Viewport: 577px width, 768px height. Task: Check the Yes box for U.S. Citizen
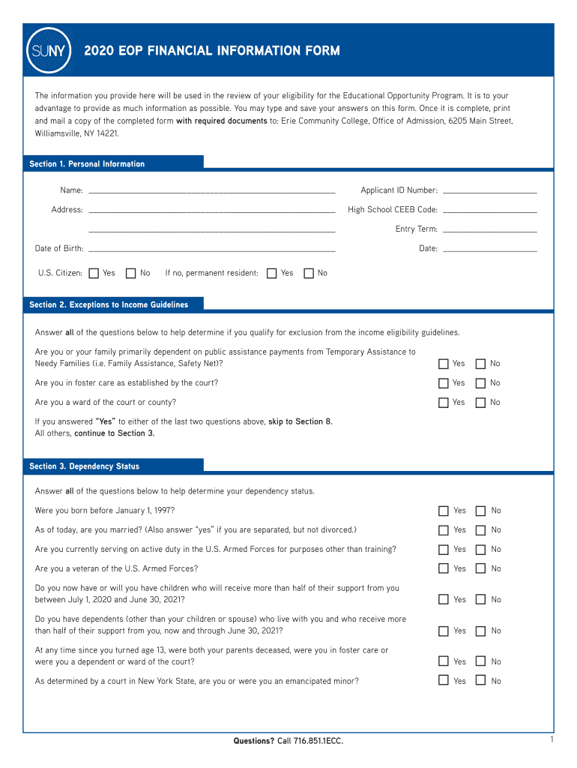pyautogui.click(x=94, y=273)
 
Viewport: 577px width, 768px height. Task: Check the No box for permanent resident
pyautogui.click(x=309, y=273)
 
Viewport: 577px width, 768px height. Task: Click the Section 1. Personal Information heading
pyautogui.click(x=87, y=163)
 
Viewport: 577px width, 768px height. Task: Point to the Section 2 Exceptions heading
pyautogui.click(x=109, y=304)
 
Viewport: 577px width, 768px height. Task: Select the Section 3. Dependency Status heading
pyautogui.click(x=84, y=466)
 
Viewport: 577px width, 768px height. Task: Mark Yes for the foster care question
pyautogui.click(x=444, y=383)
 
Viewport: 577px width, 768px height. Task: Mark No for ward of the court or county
pyautogui.click(x=480, y=403)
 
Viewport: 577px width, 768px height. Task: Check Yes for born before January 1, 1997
pyautogui.click(x=444, y=511)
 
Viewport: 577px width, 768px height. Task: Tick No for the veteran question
pyautogui.click(x=480, y=569)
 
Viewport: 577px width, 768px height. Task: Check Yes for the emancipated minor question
pyautogui.click(x=444, y=681)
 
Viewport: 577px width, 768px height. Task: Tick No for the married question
pyautogui.click(x=480, y=530)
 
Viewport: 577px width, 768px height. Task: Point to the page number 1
pyautogui.click(x=551, y=739)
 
